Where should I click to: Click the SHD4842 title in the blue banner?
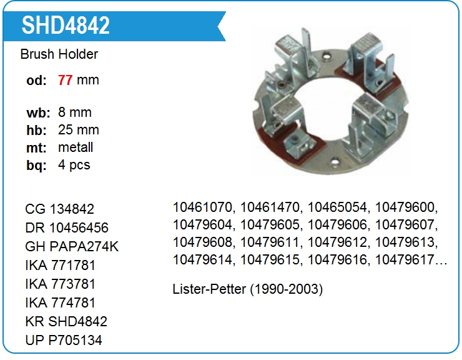pos(66,26)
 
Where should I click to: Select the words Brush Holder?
pos(59,54)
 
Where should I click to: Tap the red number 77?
pos(65,80)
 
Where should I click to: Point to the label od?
pos(36,81)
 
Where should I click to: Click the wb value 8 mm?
pos(74,112)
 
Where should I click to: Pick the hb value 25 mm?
pos(79,130)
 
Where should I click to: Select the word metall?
pos(76,147)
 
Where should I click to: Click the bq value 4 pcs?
pos(74,164)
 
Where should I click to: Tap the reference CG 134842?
pos(59,209)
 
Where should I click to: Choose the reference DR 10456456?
pos(67,227)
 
